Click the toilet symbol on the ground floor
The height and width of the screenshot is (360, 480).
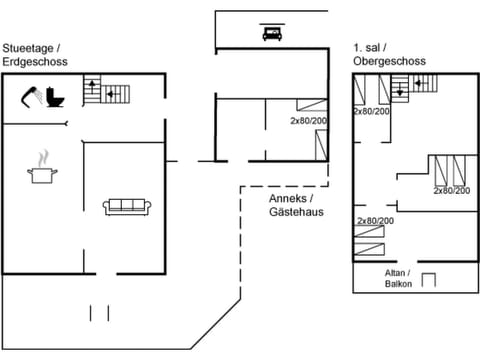[56, 98]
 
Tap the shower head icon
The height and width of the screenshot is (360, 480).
[31, 96]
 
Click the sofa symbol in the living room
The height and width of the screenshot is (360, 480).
[127, 207]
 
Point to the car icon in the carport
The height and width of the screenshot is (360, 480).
[271, 33]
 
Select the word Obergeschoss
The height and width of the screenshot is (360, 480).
[389, 61]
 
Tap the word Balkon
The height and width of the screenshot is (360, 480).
[398, 284]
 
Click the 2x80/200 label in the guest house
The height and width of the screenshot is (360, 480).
[308, 121]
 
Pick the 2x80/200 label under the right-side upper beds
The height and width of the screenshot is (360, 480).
[451, 190]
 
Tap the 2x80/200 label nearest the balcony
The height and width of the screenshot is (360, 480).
[375, 220]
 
